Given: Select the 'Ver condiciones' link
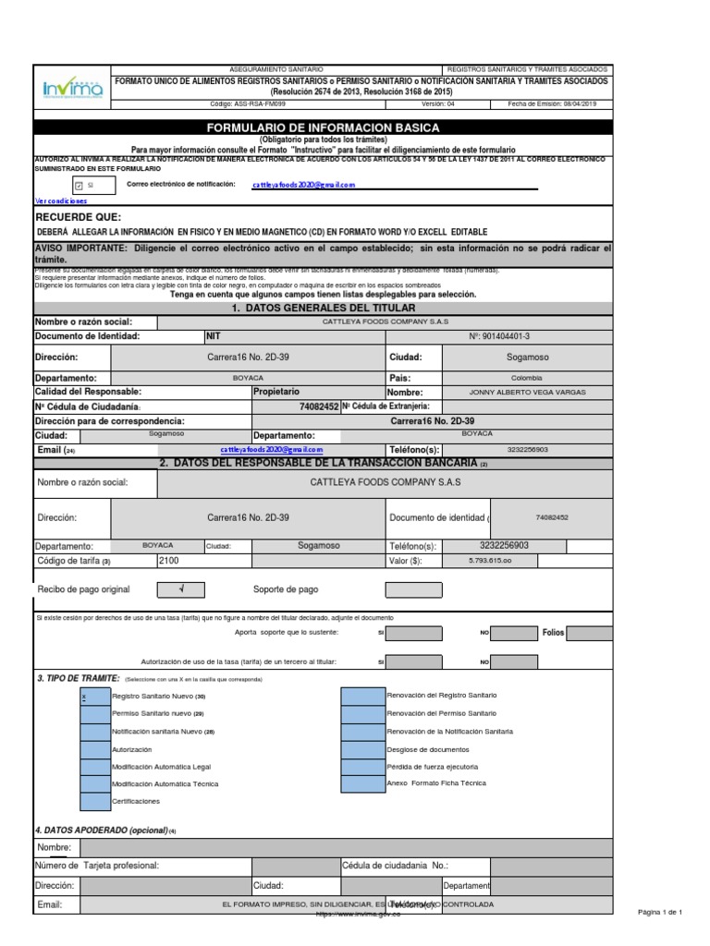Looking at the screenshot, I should point(61,200).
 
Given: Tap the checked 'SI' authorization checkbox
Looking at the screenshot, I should point(78,185).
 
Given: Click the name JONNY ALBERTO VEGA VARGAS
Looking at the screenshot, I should point(527,392).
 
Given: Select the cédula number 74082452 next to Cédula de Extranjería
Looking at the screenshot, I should point(319,406).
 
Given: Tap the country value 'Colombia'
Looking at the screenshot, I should point(527,378).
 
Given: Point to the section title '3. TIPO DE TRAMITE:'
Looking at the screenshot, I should point(72,678).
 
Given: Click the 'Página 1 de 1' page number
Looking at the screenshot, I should point(660,913).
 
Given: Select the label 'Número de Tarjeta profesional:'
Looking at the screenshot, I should point(97,866).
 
